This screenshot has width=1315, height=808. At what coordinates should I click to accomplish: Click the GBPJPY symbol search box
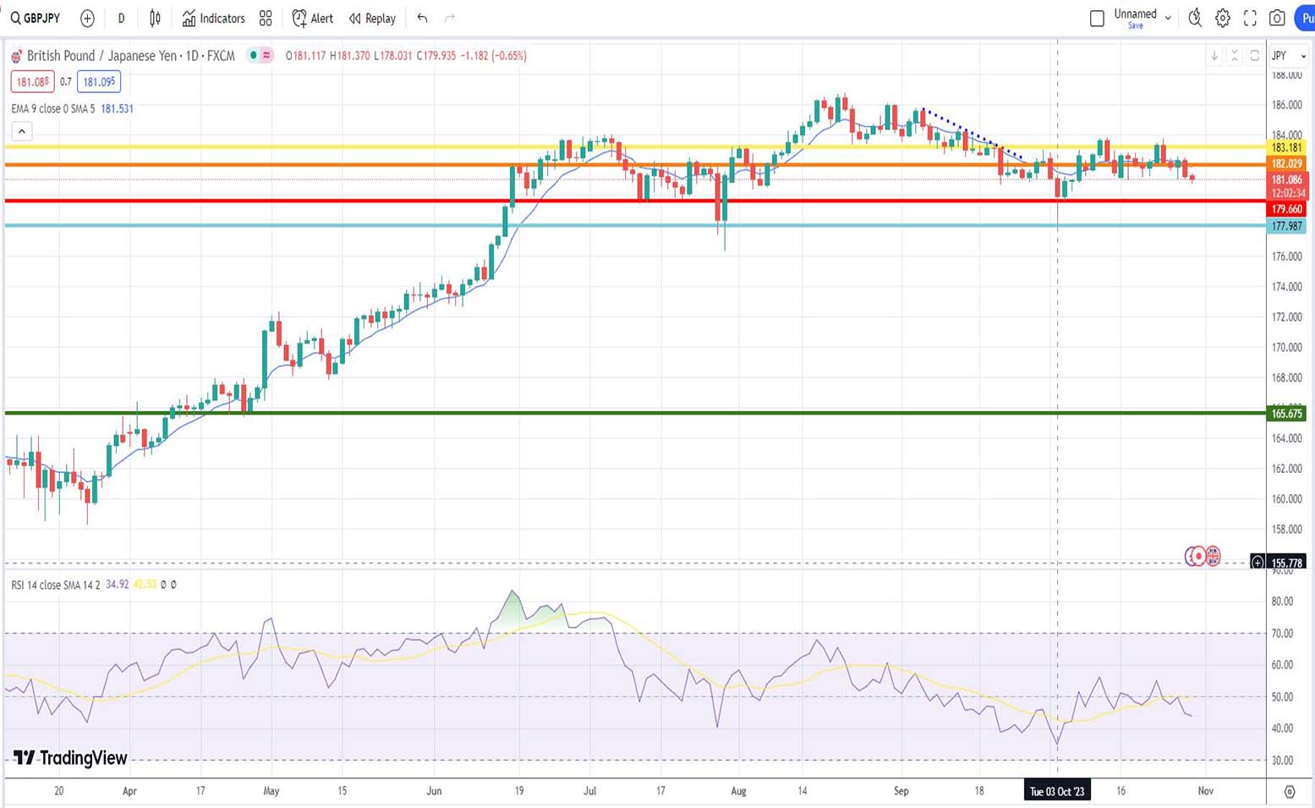36,18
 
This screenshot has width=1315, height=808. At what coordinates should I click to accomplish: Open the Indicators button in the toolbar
213,18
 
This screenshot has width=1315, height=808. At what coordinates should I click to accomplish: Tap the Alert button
312,18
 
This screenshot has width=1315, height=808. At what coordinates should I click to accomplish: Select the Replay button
372,18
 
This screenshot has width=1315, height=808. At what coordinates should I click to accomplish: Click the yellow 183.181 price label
1286,147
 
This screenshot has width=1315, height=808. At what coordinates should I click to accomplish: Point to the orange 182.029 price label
1286,163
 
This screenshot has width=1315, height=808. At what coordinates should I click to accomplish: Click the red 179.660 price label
1286,209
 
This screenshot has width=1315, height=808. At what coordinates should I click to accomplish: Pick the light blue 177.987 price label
1286,226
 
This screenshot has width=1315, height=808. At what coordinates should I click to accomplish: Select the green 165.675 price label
1286,414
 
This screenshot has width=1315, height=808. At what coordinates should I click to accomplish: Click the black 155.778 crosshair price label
1286,563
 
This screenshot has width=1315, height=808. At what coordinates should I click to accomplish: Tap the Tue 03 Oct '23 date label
1056,791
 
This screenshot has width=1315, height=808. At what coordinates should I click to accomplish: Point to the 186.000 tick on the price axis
1286,105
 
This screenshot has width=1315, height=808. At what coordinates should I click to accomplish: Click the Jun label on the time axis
434,791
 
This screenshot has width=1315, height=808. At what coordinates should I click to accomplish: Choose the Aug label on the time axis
738,791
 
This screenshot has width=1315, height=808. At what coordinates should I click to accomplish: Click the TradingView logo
70,757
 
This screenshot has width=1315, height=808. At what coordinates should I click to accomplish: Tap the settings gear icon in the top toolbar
1223,18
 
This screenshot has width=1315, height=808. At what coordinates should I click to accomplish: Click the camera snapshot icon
1277,18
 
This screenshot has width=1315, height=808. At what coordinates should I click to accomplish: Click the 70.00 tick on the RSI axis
1282,633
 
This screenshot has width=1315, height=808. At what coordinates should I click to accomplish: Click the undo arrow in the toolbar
422,18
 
